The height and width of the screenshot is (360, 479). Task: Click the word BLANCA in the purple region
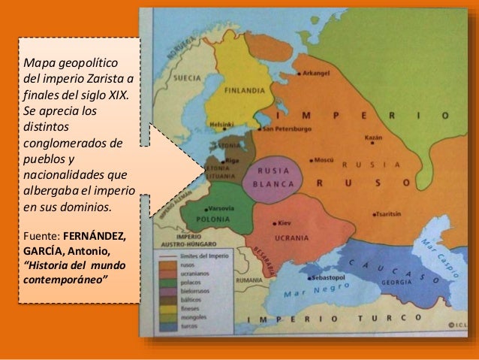(277, 183)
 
